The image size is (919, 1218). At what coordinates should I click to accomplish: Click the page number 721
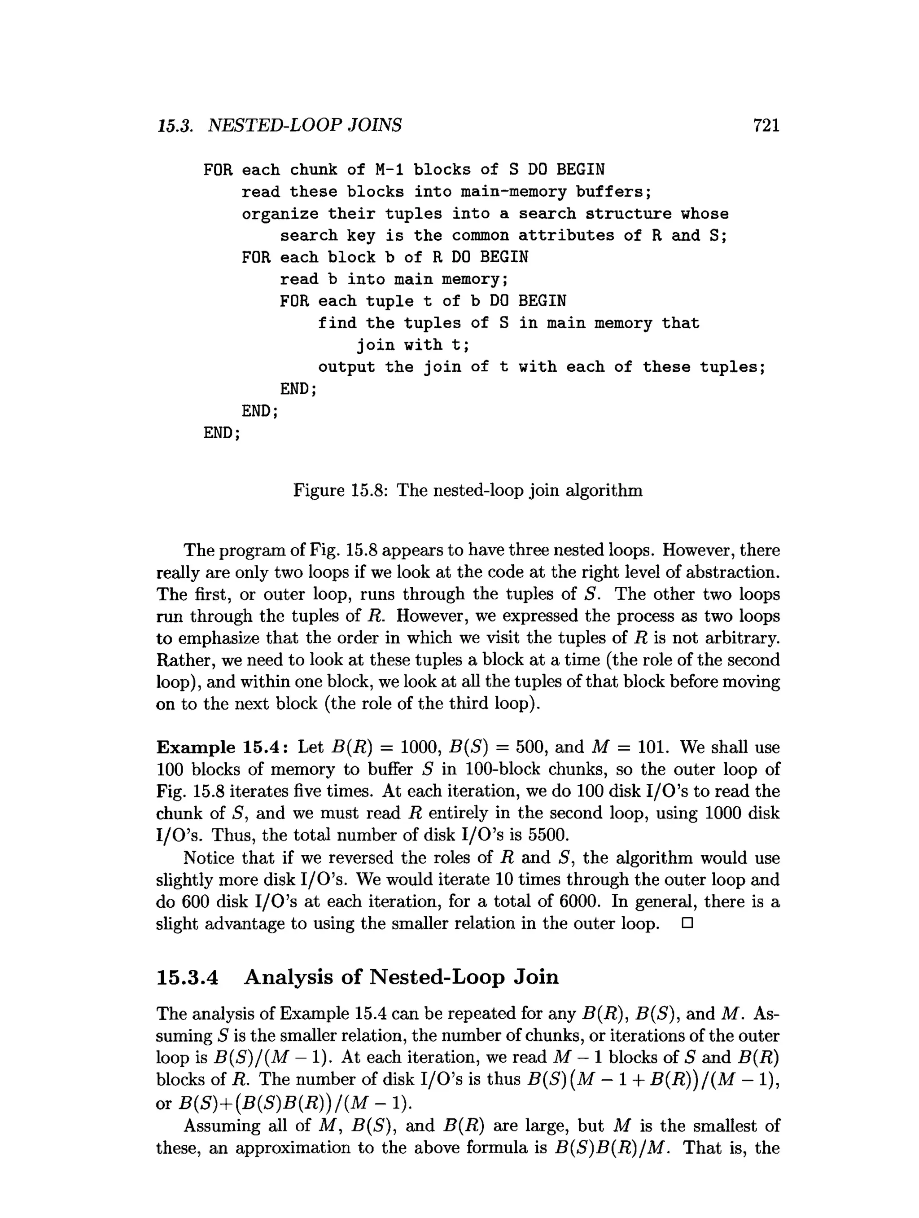766,126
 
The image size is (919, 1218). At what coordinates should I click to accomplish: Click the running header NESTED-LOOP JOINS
305,126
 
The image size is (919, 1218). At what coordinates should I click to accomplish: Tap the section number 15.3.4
187,977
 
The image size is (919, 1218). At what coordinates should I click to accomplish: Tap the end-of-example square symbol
686,923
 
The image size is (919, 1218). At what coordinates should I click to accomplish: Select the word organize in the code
280,214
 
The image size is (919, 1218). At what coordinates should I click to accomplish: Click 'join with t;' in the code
413,345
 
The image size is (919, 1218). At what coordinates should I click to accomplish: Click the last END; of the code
222,433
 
